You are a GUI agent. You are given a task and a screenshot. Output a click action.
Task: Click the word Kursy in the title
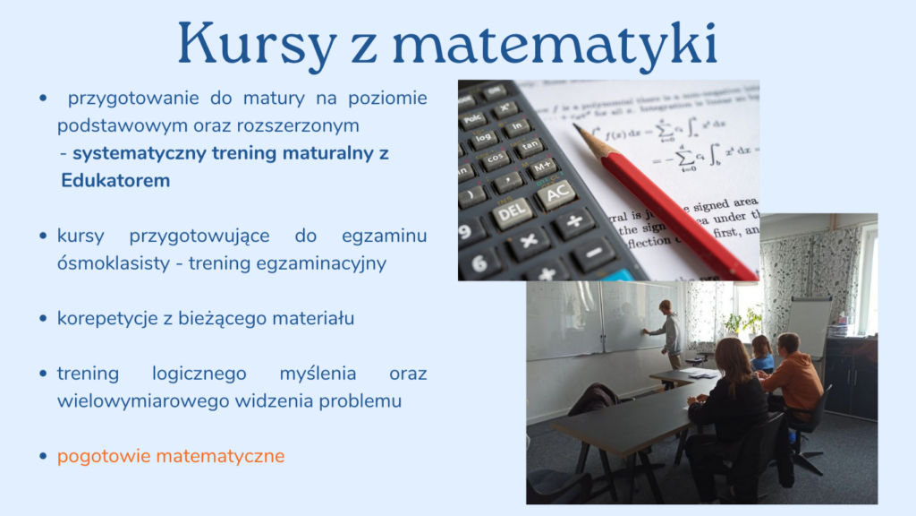257,44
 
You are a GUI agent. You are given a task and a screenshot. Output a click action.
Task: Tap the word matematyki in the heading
555,44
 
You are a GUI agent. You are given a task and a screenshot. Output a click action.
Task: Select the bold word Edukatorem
115,181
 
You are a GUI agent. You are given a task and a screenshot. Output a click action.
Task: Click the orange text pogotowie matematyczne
171,456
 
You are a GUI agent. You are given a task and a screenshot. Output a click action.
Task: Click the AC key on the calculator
556,193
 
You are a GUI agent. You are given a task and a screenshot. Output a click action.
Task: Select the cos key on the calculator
495,159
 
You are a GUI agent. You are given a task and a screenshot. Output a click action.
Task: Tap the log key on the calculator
483,138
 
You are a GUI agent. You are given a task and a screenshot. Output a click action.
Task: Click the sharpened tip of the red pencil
575,125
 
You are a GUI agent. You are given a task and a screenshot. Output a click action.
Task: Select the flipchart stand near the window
809,329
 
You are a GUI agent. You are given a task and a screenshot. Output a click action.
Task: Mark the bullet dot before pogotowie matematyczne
43,456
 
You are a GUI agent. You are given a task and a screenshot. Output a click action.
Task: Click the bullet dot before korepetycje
43,319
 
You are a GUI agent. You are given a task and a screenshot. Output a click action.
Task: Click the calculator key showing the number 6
479,264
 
